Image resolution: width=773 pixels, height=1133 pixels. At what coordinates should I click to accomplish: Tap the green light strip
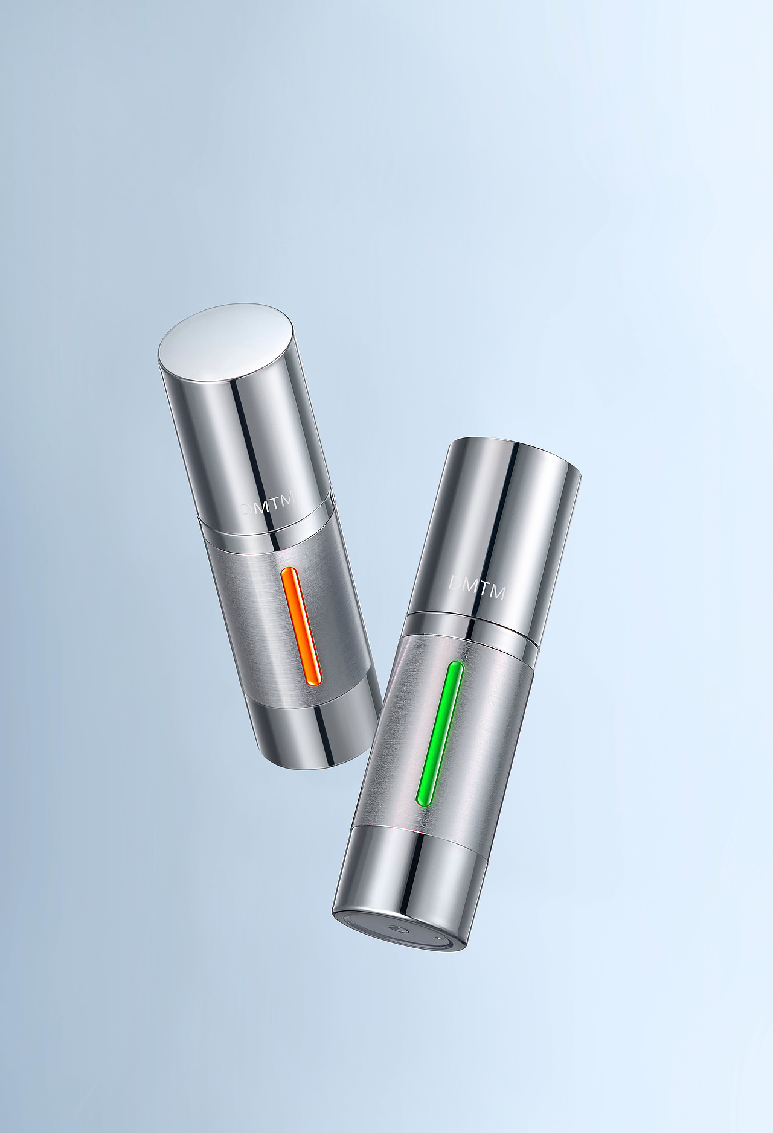(x=440, y=734)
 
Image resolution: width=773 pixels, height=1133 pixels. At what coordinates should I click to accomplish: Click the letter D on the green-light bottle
(x=456, y=582)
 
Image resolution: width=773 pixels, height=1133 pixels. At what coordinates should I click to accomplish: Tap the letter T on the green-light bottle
(x=482, y=589)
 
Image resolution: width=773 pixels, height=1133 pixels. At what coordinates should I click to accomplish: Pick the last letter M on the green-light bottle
(x=497, y=593)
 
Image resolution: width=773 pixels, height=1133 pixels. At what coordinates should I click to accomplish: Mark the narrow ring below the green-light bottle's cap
(x=471, y=624)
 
